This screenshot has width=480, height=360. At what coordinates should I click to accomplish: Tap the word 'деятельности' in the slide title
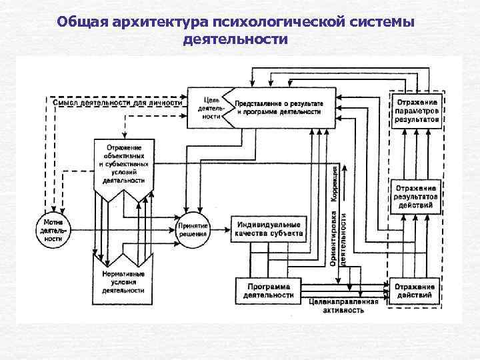pos(235,39)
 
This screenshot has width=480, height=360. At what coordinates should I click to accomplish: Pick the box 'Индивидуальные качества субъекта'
pos(269,229)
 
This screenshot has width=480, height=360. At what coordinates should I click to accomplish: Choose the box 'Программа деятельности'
pos(268,289)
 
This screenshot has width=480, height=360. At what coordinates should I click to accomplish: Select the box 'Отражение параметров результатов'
pos(416,111)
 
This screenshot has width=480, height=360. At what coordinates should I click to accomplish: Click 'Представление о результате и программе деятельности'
pos(279,108)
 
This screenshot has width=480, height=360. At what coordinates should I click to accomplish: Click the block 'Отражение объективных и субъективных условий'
pos(123,163)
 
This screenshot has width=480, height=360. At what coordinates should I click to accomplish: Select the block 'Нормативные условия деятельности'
pos(123,282)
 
